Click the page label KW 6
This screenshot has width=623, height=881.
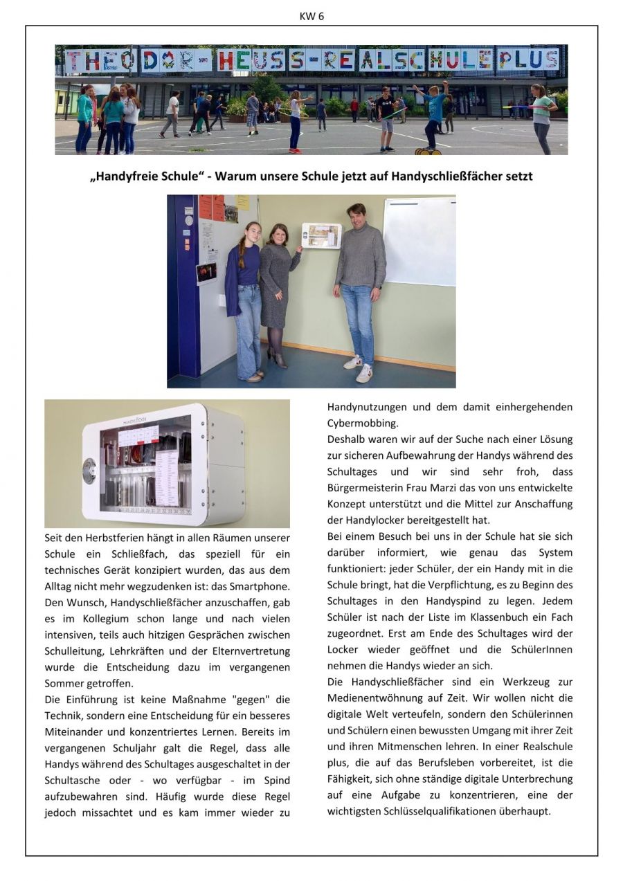311,17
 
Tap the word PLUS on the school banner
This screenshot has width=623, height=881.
529,60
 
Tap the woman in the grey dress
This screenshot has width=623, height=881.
277,291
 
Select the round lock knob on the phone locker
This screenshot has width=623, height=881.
89,471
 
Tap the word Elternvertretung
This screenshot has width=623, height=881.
248,651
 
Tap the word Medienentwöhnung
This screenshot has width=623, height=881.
374,698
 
